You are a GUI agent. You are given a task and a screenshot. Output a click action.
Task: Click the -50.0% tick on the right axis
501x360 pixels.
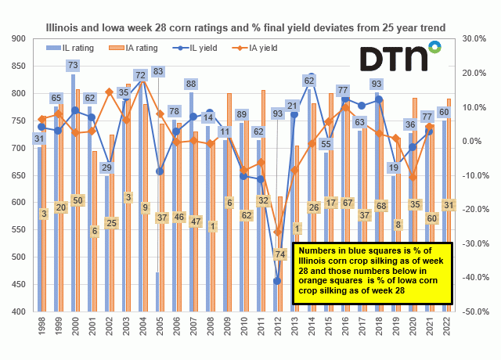click(x=476, y=311)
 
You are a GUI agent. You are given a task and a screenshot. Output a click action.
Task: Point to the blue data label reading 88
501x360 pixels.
click(x=191, y=84)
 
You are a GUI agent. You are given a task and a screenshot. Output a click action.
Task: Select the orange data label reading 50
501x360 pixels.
click(x=77, y=201)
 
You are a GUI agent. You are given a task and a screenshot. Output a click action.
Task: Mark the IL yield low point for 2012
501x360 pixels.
click(x=276, y=281)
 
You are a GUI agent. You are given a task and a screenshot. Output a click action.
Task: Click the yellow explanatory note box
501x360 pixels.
click(x=363, y=271)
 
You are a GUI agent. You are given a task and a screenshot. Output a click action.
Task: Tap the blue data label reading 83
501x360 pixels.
click(x=158, y=72)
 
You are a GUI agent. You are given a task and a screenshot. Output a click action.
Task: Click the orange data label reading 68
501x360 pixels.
click(x=381, y=206)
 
